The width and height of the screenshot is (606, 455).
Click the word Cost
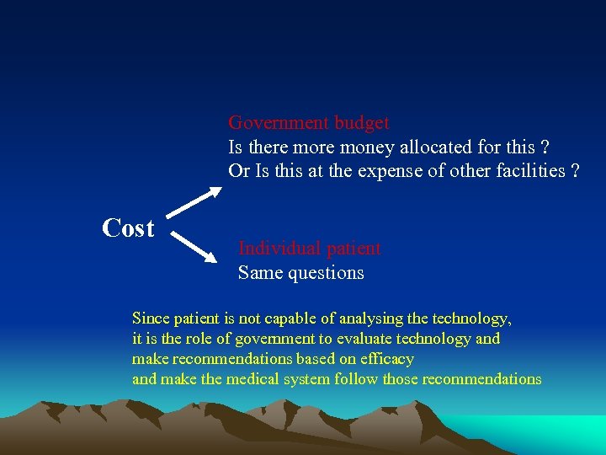pyautogui.click(x=128, y=228)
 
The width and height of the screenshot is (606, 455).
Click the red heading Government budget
pyautogui.click(x=308, y=123)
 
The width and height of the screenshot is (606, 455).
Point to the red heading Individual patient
pyautogui.click(x=309, y=249)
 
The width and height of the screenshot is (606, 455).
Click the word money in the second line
pyautogui.click(x=361, y=147)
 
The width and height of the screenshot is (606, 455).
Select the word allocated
pyautogui.click(x=429, y=147)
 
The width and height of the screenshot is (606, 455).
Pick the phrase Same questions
pyautogui.click(x=300, y=273)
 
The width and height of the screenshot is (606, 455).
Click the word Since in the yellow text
pyautogui.click(x=150, y=318)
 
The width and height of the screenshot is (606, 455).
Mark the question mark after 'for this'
pyautogui.click(x=546, y=147)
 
